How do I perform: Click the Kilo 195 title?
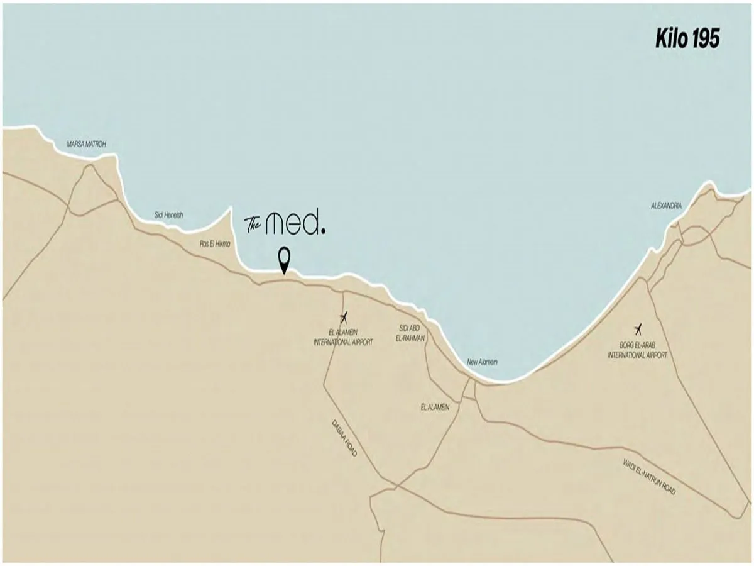click(687, 39)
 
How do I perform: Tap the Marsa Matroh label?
click(87, 145)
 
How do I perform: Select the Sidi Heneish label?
click(169, 215)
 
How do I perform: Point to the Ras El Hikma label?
click(215, 243)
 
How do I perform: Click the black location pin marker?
click(284, 258)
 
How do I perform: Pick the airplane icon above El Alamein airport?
click(343, 317)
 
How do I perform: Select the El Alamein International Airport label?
click(343, 338)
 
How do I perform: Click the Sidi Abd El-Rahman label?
click(412, 333)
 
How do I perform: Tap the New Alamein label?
click(482, 362)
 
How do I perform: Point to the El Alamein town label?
click(435, 408)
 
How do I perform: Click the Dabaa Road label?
click(344, 438)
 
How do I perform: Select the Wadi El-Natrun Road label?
click(650, 477)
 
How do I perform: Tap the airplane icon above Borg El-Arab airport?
click(638, 328)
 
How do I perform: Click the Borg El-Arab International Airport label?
click(637, 350)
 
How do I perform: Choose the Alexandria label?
click(666, 206)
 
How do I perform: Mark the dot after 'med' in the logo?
click(324, 231)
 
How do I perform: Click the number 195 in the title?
click(706, 39)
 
